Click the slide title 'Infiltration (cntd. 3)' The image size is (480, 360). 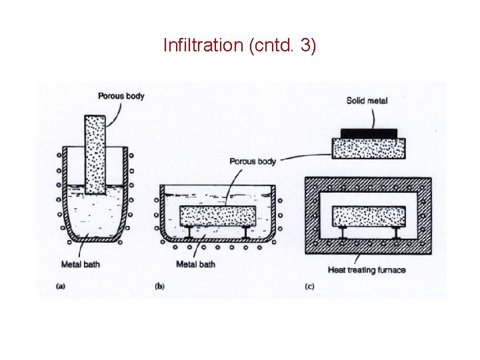(x=240, y=46)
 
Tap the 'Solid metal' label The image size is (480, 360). (x=367, y=101)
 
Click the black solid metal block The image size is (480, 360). (x=369, y=133)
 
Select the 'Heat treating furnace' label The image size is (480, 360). (x=367, y=270)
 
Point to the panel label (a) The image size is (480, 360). (x=61, y=286)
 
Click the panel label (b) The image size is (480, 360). (x=160, y=286)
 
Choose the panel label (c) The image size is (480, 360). (x=309, y=286)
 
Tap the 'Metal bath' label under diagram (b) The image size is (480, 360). (x=196, y=265)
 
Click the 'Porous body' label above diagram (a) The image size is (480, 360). (x=121, y=96)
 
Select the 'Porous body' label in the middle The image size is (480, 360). (x=253, y=161)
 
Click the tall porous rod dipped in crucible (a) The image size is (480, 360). (x=95, y=153)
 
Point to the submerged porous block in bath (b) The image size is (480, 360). (x=217, y=216)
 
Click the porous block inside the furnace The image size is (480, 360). (x=369, y=216)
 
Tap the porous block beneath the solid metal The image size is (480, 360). (x=369, y=148)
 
